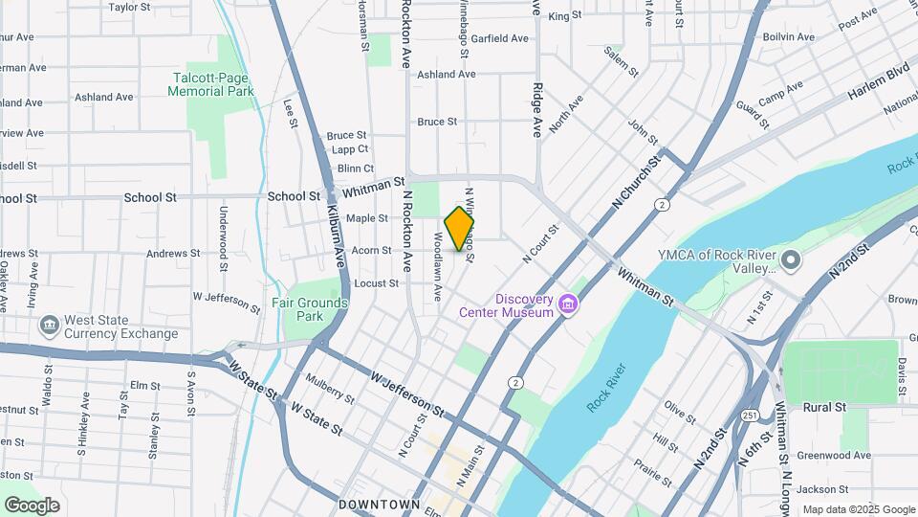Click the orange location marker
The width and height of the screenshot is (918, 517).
(460, 229)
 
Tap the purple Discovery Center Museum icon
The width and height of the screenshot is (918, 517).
(569, 304)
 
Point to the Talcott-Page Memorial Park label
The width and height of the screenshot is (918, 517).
(210, 84)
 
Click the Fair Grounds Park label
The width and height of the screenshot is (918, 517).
(309, 309)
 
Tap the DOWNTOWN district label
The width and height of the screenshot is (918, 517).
(379, 504)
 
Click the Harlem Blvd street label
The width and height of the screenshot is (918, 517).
(876, 84)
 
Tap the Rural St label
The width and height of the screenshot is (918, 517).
(825, 407)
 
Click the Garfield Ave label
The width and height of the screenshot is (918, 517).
(498, 39)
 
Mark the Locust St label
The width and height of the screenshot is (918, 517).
(376, 283)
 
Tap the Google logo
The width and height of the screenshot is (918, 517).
(32, 505)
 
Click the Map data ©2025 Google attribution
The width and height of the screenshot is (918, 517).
(858, 509)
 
